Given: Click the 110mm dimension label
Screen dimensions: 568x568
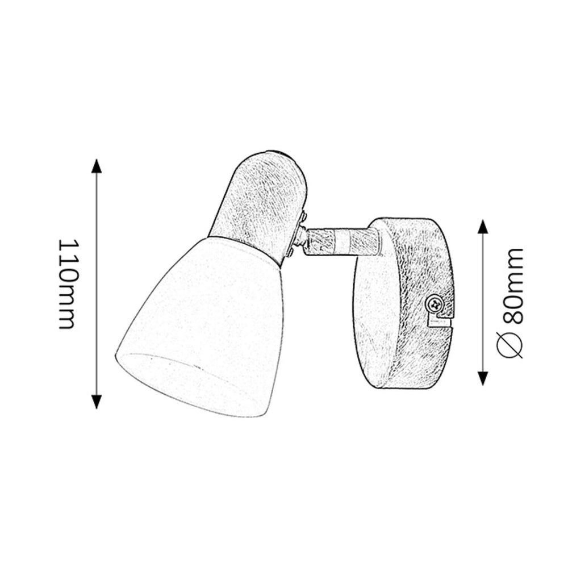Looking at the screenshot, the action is click(68, 284).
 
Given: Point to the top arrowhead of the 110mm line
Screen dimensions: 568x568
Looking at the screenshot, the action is click(96, 166).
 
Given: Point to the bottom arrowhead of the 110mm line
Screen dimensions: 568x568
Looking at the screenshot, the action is click(96, 402).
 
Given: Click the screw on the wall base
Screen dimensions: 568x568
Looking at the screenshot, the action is click(435, 303).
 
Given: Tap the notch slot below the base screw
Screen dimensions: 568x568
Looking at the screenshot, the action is click(440, 321).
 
